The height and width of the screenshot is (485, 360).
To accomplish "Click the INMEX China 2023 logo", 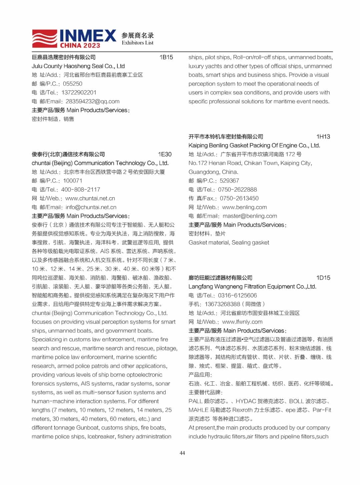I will [74, 39].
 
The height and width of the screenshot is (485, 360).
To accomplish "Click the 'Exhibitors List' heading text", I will [137, 43].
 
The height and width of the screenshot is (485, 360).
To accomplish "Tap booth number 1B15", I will [166, 57].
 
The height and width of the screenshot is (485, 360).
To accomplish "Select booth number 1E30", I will [165, 154].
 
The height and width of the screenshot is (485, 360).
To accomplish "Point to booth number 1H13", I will [323, 137].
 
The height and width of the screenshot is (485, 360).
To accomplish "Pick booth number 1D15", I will [323, 278].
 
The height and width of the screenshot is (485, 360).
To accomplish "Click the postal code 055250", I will [73, 84].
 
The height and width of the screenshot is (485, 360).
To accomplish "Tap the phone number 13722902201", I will [79, 93].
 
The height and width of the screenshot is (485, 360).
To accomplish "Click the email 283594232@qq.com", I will [92, 102].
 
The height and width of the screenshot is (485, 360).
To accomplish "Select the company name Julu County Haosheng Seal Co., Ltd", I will [78, 66].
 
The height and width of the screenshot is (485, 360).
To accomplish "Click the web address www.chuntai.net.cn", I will [90, 199].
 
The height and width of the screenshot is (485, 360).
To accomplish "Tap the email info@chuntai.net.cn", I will [91, 207].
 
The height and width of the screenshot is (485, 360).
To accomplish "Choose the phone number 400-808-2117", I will [81, 190].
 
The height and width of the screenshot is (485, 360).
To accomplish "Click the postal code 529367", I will [229, 181].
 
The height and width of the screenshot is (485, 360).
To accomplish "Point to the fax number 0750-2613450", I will [239, 199].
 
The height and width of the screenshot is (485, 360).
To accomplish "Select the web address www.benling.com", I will [244, 207].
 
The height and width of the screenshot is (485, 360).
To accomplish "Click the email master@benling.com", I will [250, 216].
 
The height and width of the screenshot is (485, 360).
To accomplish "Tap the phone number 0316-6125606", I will [237, 295].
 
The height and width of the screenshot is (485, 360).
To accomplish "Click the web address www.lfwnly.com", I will [242, 322].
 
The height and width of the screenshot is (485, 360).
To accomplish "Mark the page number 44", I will [182, 453].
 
